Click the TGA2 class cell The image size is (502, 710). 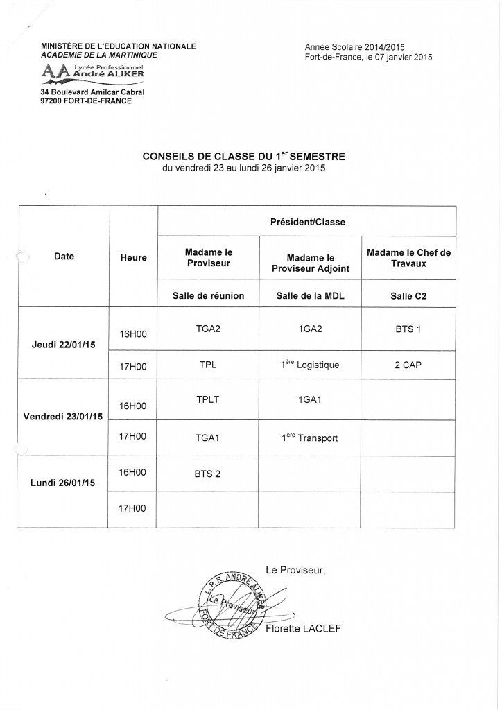tap(208, 330)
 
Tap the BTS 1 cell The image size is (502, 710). tap(408, 330)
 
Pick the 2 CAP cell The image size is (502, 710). tap(408, 365)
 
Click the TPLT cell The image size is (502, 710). tap(208, 400)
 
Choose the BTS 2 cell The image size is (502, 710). tap(208, 474)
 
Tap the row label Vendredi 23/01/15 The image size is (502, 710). tap(63, 416)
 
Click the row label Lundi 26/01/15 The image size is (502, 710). tap(63, 482)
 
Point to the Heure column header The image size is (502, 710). tap(133, 257)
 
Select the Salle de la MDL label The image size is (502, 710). tap(309, 295)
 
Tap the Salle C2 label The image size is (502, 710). tap(408, 295)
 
